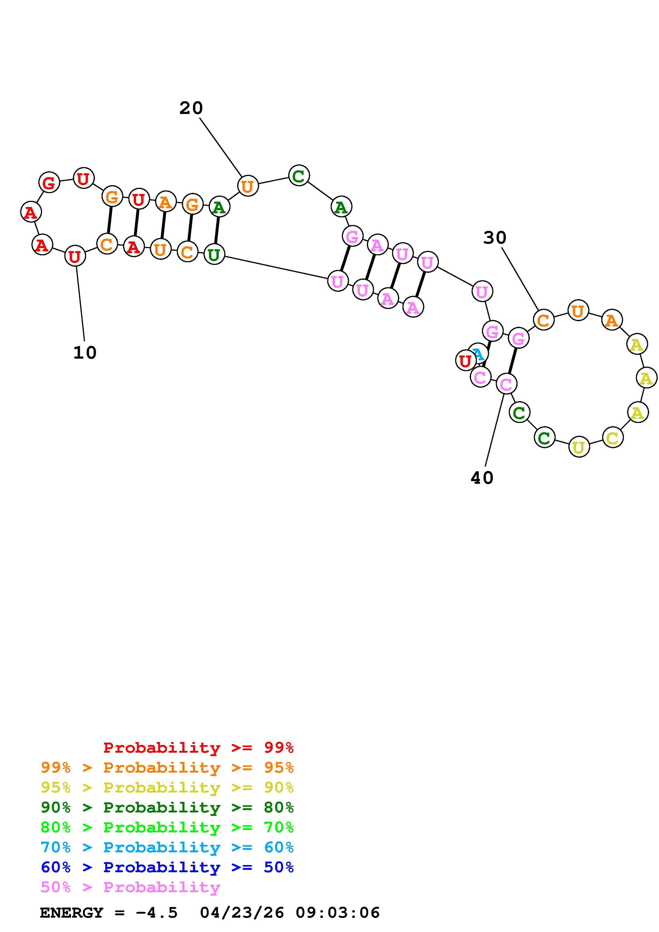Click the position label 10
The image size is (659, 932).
(85, 353)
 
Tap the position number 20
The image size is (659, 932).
(191, 108)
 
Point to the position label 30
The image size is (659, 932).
(494, 238)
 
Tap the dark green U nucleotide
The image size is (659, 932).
(214, 255)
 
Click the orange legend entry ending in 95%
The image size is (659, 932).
(167, 768)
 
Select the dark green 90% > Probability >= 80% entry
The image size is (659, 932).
(167, 807)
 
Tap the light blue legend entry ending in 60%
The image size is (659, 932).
(167, 847)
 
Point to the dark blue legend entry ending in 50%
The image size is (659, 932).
(167, 867)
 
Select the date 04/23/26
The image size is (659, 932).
(242, 913)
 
